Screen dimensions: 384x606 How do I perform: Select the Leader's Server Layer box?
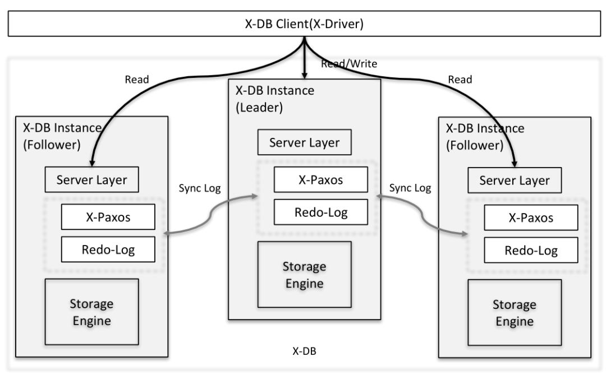304,142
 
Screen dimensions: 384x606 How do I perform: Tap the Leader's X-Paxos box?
320,180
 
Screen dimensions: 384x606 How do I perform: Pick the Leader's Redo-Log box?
320,212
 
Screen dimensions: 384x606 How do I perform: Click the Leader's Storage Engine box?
304,274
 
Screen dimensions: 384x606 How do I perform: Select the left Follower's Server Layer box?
92,180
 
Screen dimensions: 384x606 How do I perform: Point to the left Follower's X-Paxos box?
108,217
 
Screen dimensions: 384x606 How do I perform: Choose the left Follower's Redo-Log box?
108,249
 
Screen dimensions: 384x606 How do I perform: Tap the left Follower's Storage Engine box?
91,312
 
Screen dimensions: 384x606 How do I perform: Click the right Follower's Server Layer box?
515,181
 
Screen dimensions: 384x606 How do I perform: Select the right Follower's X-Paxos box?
531,218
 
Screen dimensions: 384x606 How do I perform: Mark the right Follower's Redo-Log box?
531,250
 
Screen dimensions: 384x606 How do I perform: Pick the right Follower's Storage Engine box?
515,313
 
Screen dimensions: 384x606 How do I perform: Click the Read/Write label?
349,64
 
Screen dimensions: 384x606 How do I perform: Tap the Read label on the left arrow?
137,79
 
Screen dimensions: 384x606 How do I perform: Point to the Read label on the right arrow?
460,80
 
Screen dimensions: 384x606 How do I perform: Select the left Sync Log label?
199,188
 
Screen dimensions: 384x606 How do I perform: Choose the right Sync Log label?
410,188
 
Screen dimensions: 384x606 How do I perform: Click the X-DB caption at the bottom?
304,351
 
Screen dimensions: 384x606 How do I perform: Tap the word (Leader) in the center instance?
259,107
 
